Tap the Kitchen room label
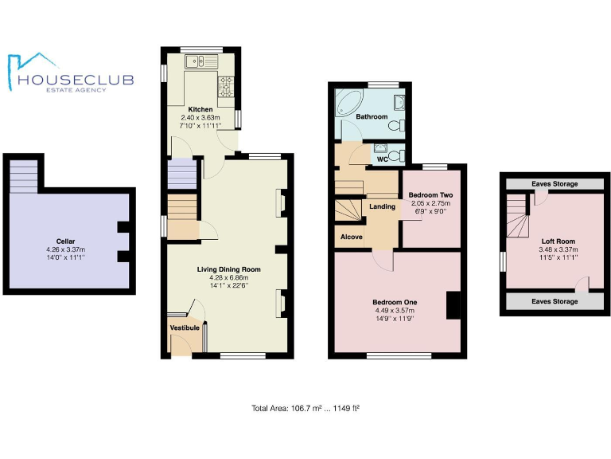pos(200,109)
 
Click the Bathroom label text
pos(372,117)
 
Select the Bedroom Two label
pos(430,194)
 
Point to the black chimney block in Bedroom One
pos(453,306)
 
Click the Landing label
pos(383,207)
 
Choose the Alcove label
pos(352,237)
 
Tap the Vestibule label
pos(185,328)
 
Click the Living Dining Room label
pos(229,269)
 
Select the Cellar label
pos(66,241)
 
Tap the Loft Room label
pos(558,241)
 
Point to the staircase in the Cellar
pos(24,176)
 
